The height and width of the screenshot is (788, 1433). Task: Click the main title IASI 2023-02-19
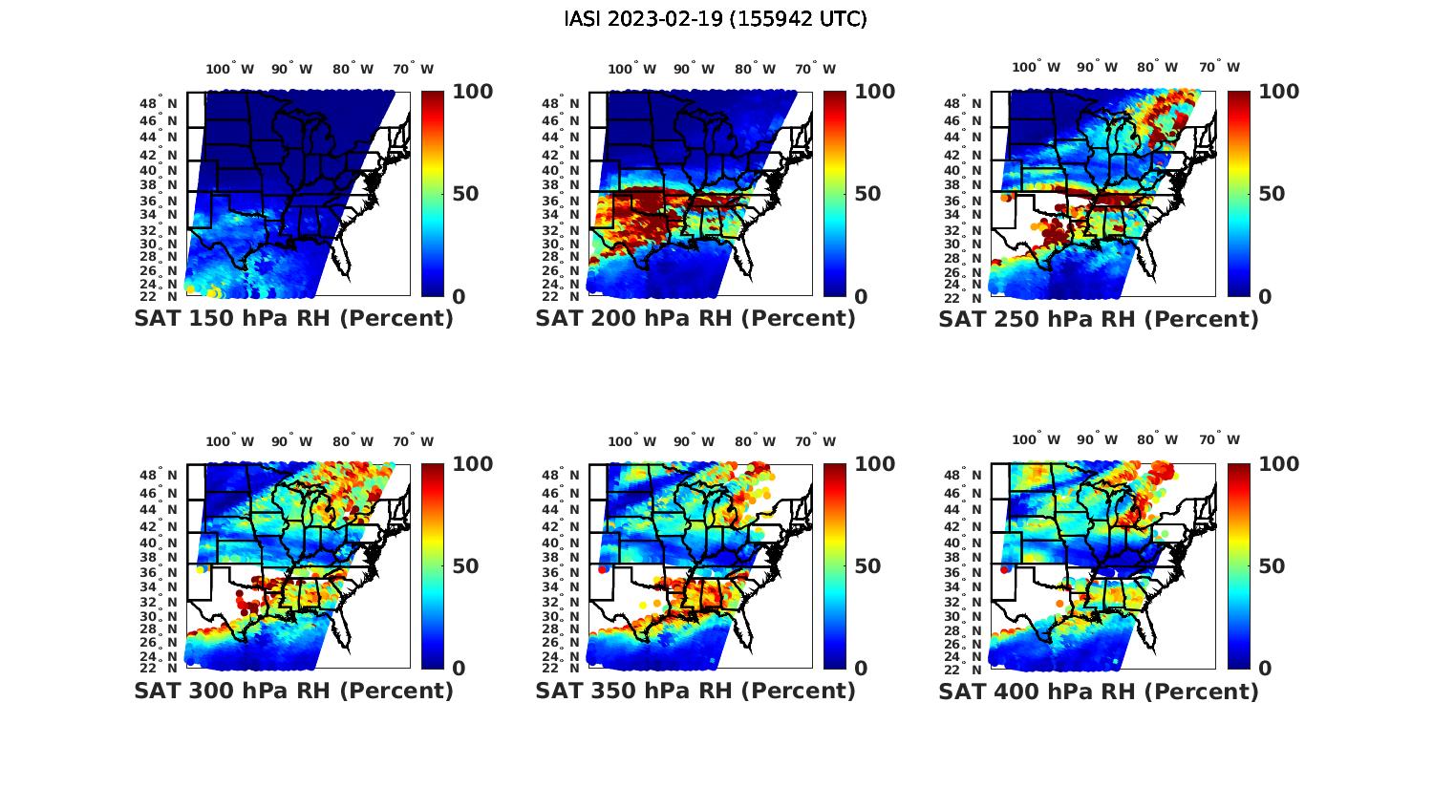point(716,19)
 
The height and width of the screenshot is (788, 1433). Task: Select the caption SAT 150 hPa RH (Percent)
point(293,319)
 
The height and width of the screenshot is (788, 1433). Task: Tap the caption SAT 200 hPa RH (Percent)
point(695,319)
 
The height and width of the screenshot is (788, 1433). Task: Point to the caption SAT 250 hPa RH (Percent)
point(1099,319)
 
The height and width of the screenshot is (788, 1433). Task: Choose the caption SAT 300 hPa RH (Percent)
point(293,691)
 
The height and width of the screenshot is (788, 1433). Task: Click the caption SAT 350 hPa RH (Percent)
point(695,691)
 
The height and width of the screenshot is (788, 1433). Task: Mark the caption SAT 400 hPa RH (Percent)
point(1099,691)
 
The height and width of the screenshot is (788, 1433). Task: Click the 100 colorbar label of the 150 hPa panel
point(472,92)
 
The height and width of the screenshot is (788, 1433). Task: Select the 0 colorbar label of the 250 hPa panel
point(1266,297)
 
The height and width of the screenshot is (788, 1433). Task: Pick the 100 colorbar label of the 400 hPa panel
point(1278,464)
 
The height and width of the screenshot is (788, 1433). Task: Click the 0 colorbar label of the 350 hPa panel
point(861,669)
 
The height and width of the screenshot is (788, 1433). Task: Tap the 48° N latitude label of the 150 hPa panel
point(159,103)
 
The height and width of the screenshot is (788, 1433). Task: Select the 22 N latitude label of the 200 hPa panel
point(561,296)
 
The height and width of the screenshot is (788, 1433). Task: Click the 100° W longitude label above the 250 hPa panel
point(1037,68)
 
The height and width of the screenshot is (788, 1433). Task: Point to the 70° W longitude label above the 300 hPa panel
point(413,441)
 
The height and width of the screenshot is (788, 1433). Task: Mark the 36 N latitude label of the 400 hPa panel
point(965,572)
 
